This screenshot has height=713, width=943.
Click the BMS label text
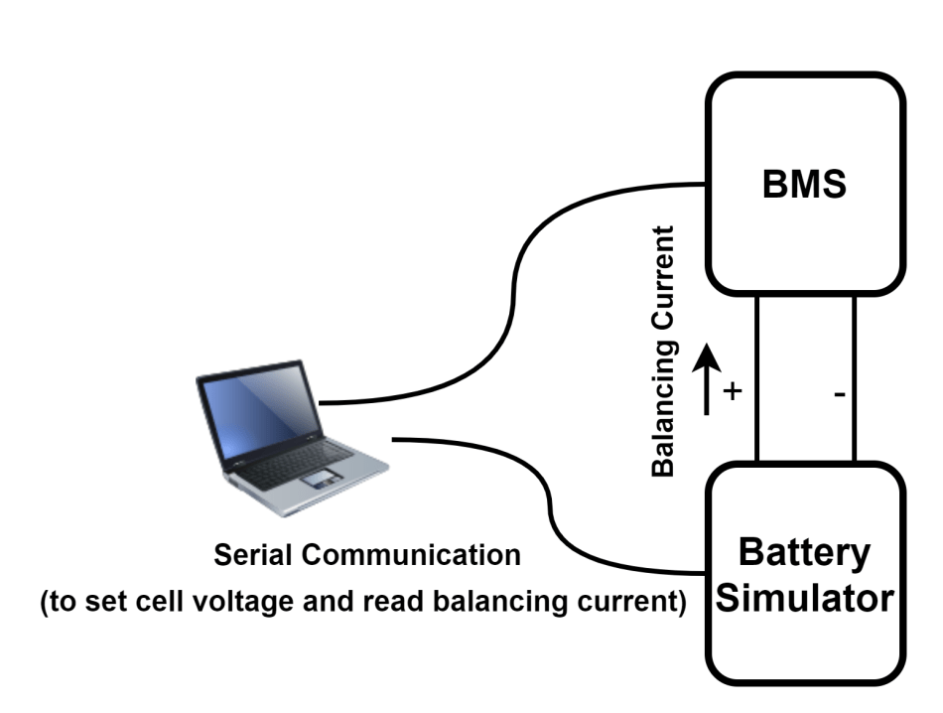coord(804,186)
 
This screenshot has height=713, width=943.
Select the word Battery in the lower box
coord(805,552)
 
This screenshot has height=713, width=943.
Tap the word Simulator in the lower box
coord(805,599)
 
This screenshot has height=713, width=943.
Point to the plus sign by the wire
coord(733,391)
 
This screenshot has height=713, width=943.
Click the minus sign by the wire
coord(840,394)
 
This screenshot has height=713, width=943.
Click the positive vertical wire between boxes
coord(756,377)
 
